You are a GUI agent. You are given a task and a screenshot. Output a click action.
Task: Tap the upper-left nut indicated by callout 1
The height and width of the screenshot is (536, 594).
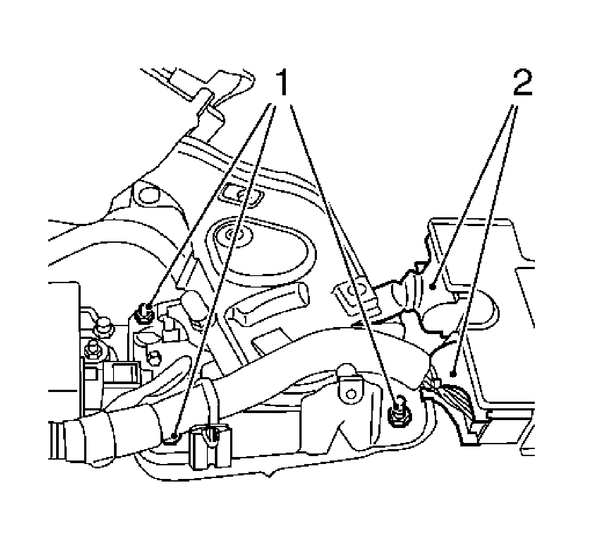pos(144,313)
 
